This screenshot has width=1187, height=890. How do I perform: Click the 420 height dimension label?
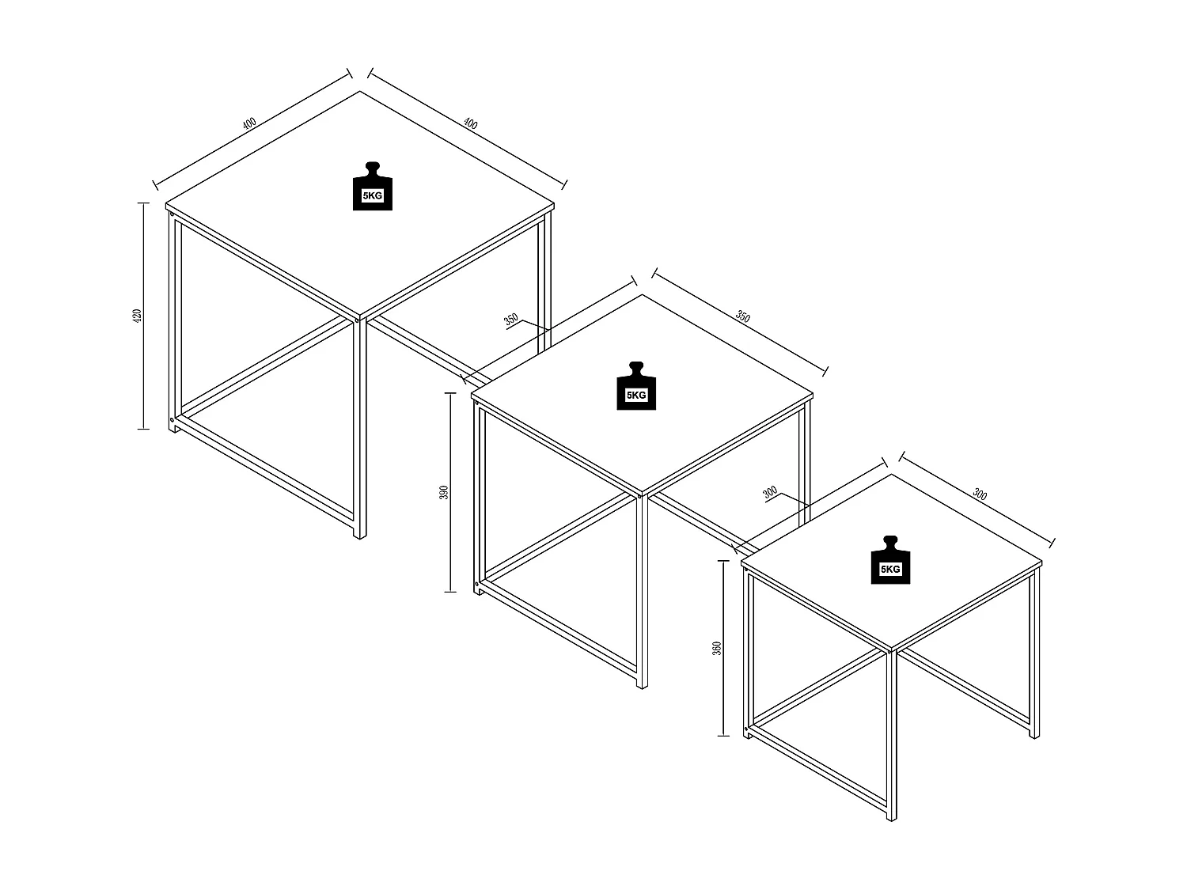136,316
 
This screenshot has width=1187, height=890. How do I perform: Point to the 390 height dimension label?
444,492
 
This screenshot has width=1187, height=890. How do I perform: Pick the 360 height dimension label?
717,648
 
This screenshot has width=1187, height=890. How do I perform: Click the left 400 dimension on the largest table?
249,123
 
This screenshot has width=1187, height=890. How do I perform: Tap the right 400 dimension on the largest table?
470,124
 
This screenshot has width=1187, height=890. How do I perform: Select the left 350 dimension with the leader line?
511,320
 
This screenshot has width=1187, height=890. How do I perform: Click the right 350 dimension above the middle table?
742,316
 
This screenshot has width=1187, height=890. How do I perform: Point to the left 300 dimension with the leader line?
770,493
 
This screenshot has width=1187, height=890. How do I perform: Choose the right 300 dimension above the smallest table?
980,495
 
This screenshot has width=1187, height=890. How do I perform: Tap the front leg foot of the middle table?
642,684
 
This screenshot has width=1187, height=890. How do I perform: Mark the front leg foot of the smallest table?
892,818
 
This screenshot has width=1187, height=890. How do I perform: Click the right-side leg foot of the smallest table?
1033,735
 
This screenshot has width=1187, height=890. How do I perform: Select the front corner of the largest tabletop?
360,318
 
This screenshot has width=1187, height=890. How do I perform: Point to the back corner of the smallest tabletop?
893,475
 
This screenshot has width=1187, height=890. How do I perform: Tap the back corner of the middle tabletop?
642,296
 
